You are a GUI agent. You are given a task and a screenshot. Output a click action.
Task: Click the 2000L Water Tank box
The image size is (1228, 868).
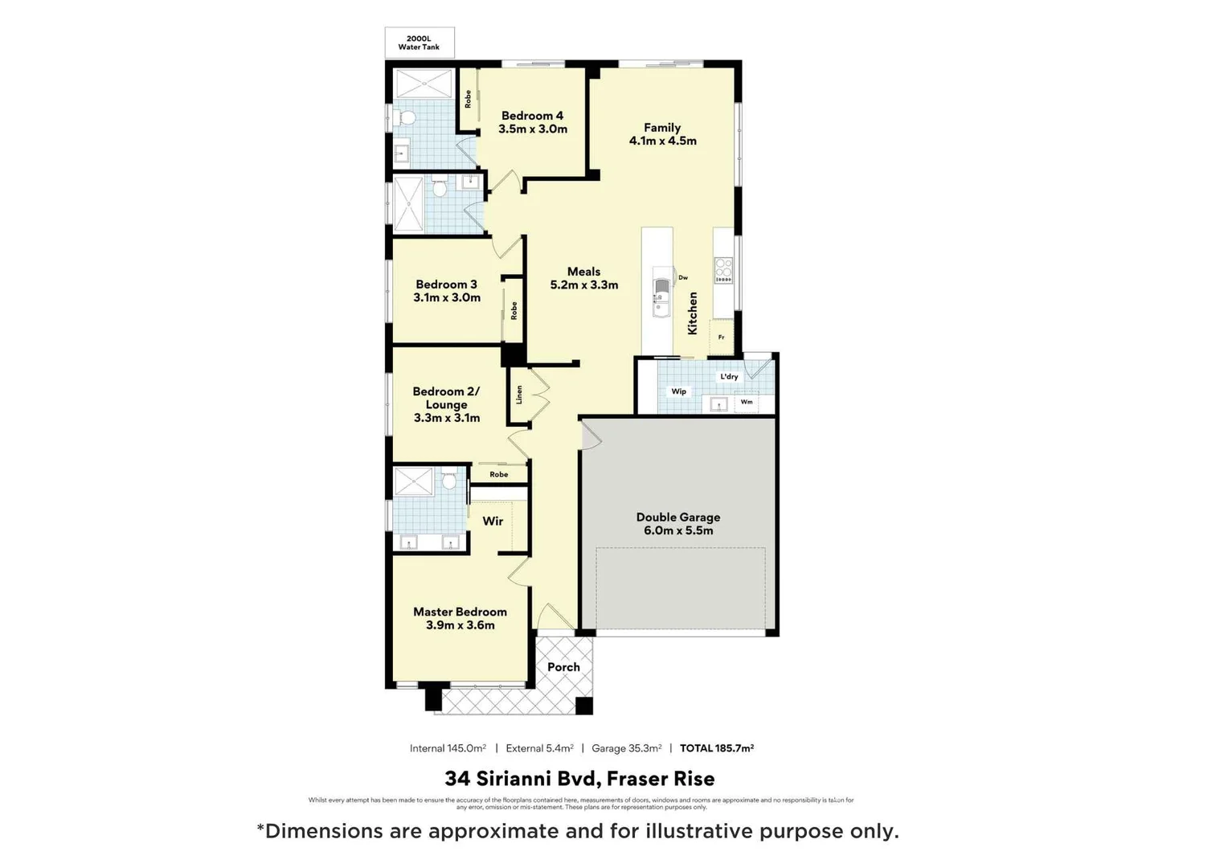click(420, 43)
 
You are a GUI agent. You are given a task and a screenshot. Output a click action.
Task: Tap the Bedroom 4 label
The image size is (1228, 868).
click(532, 116)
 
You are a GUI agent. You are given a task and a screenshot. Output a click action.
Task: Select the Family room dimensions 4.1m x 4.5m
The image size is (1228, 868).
click(662, 141)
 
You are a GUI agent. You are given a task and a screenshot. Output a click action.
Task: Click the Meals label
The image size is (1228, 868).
click(583, 272)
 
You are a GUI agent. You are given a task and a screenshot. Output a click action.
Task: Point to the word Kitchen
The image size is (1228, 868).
click(692, 313)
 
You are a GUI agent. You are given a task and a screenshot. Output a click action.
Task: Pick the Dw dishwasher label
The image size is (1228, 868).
click(683, 278)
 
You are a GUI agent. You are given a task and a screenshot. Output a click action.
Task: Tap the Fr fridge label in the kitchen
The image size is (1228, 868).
click(721, 338)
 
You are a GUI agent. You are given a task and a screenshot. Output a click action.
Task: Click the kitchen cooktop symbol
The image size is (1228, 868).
click(723, 270)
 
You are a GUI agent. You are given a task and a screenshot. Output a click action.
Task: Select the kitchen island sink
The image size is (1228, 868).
click(661, 296)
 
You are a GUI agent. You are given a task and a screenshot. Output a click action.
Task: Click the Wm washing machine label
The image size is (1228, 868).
click(747, 402)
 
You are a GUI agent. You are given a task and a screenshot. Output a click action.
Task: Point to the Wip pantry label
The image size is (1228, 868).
click(678, 391)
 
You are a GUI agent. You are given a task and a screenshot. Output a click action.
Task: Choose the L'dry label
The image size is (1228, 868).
click(729, 376)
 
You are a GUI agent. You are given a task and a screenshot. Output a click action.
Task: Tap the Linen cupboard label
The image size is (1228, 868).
click(519, 395)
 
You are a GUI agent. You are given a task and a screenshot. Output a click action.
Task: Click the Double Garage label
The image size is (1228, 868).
click(677, 518)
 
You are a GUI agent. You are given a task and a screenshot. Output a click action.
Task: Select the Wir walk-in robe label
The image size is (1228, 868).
click(493, 522)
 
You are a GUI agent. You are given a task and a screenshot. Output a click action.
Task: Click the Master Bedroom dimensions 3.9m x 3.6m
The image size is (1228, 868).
click(460, 625)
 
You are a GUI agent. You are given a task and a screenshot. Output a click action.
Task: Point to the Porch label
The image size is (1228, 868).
click(563, 667)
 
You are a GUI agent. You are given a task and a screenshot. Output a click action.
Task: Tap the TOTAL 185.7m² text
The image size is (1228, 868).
click(716, 748)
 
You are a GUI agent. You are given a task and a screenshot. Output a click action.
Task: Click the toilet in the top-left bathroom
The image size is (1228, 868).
click(407, 119)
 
